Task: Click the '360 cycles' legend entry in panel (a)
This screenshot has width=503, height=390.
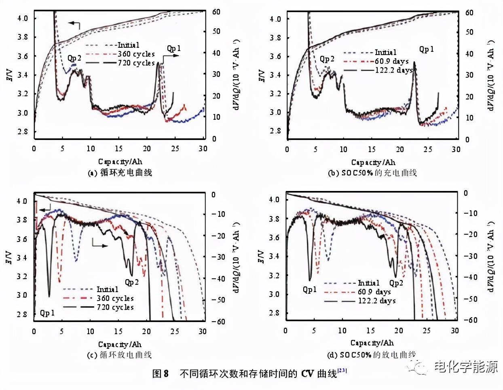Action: coord(136,54)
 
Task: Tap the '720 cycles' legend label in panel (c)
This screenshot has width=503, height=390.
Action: coord(115,307)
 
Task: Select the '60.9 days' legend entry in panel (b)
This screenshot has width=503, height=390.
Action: coord(391,61)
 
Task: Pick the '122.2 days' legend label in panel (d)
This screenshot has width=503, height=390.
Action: coord(376,301)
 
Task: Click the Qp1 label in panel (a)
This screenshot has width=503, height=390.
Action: coord(174,49)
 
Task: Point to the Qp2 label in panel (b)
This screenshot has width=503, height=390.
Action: coord(327,59)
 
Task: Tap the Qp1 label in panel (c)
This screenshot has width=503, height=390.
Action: coord(47,313)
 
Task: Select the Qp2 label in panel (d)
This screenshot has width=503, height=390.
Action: coord(396,283)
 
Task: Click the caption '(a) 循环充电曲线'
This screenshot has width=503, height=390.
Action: coord(120,173)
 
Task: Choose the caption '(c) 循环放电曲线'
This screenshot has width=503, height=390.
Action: coord(119,355)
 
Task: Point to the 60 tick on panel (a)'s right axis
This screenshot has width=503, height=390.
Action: coord(216,12)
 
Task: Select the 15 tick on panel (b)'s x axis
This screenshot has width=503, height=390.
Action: coord(372,149)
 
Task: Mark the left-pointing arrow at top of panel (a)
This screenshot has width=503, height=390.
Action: coord(74,24)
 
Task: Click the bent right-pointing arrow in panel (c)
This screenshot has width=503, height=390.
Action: coord(99,244)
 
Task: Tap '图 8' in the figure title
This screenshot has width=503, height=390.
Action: coord(160,373)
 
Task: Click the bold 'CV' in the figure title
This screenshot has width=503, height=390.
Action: coord(307,373)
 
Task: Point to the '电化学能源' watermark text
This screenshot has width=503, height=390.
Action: coord(466,367)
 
